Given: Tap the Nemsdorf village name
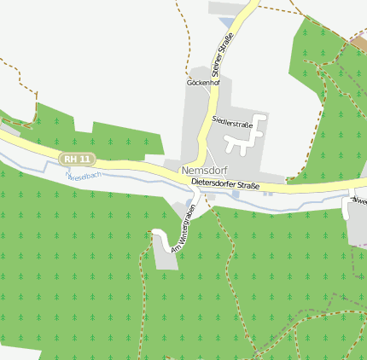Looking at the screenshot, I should click(204, 170).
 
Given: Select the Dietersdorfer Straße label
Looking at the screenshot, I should click(225, 183).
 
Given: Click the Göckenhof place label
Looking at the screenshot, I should click(203, 83).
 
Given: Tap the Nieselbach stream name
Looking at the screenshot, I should click(84, 176).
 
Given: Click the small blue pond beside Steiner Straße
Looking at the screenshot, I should click(226, 22).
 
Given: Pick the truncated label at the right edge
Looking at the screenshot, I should click(359, 201).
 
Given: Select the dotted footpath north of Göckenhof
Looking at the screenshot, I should click(186, 43).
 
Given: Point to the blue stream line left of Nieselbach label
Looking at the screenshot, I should click(34, 168).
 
